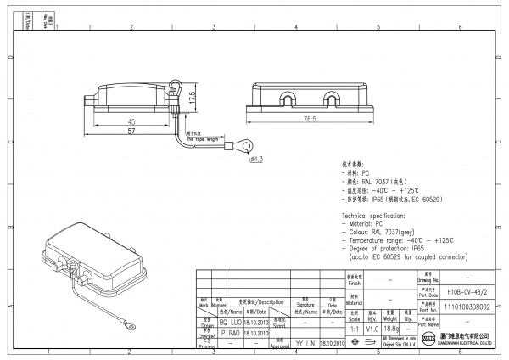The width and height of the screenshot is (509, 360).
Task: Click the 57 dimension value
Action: (131, 133)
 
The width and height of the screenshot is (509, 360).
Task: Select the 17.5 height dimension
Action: (193, 98)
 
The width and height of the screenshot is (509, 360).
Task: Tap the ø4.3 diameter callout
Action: (257, 159)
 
